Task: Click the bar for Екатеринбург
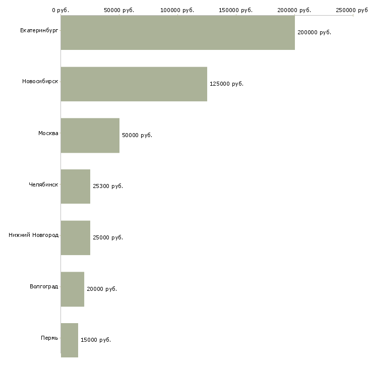(177, 33)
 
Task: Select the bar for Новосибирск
(134, 84)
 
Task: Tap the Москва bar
(90, 135)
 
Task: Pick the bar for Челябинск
(75, 187)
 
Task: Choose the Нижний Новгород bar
(75, 237)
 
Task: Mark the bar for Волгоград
(72, 289)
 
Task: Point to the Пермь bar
(69, 340)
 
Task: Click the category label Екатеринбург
(39, 31)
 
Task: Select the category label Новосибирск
(40, 82)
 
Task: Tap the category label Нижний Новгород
(33, 235)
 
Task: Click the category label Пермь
(49, 337)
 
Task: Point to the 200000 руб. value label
(314, 33)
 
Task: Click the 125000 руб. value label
(226, 84)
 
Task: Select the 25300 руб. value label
(108, 187)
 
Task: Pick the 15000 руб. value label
(96, 340)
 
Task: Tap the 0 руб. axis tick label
(60, 10)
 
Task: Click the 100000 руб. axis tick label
(177, 10)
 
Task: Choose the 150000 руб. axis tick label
(236, 10)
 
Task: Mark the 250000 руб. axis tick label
(352, 10)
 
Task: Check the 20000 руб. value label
(102, 289)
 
